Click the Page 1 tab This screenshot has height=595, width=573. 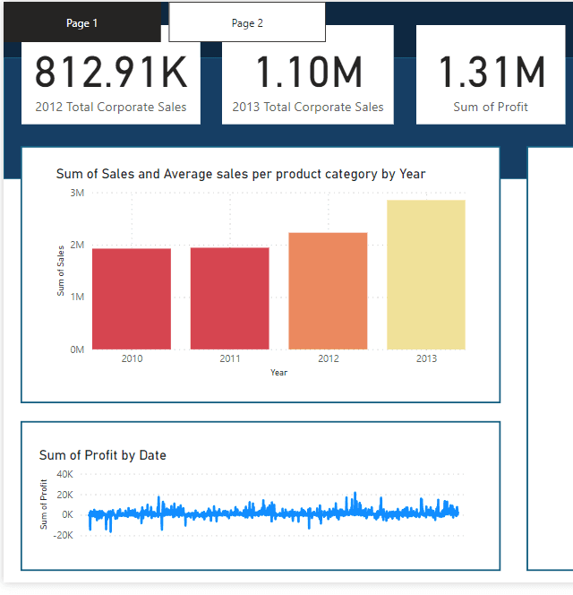click(x=81, y=23)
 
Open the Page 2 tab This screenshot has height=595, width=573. click(x=247, y=23)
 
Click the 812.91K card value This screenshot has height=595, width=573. click(x=112, y=73)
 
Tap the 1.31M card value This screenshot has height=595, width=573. click(x=491, y=73)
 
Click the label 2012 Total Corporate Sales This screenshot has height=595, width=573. click(x=111, y=107)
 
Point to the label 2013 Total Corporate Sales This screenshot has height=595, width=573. click(x=308, y=107)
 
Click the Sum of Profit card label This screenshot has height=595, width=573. click(x=491, y=107)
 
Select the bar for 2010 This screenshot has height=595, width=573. click(x=132, y=298)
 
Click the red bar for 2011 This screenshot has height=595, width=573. click(x=230, y=298)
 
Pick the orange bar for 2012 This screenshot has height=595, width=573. click(x=328, y=290)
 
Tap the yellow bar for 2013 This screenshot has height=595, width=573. click(x=426, y=274)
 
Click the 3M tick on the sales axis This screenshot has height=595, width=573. click(x=76, y=193)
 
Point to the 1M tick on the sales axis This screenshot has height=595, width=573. click(x=76, y=297)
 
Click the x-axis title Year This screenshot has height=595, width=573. click(x=279, y=372)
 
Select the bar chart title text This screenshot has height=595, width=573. click(x=240, y=174)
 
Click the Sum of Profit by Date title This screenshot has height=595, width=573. click(x=103, y=455)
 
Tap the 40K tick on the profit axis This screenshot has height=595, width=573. click(x=64, y=474)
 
